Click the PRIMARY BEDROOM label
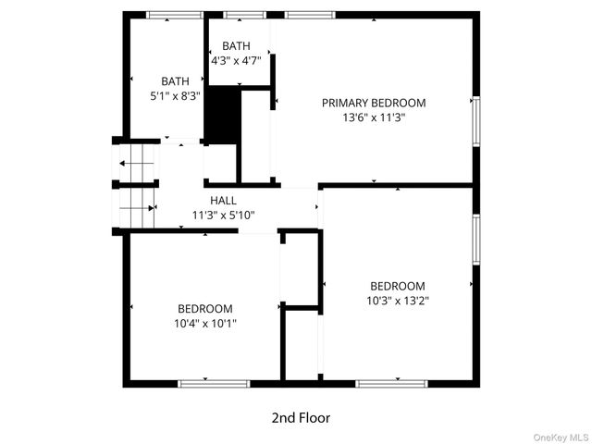pyautogui.click(x=374, y=103)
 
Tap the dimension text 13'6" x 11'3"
pyautogui.click(x=374, y=117)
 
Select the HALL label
pyautogui.click(x=223, y=200)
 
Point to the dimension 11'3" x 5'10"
pyautogui.click(x=223, y=215)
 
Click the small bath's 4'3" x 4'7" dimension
pyautogui.click(x=236, y=61)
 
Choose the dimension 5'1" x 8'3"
pyautogui.click(x=175, y=95)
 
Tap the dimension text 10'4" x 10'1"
pyautogui.click(x=204, y=323)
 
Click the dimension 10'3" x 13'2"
pyautogui.click(x=398, y=301)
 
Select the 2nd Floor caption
pyautogui.click(x=301, y=417)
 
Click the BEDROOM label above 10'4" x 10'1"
pyautogui.click(x=204, y=308)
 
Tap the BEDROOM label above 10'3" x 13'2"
pyautogui.click(x=398, y=286)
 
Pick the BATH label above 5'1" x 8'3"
pyautogui.click(x=175, y=80)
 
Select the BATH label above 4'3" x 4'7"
pyautogui.click(x=236, y=45)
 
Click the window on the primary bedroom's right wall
pyautogui.click(x=476, y=120)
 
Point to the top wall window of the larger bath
pyautogui.click(x=175, y=15)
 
